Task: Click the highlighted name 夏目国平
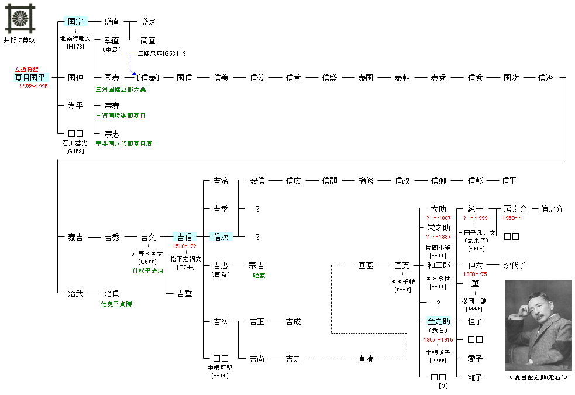pyautogui.click(x=32, y=78)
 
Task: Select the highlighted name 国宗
pyautogui.click(x=75, y=22)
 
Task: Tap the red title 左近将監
pyautogui.click(x=27, y=69)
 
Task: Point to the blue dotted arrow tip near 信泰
pyautogui.click(x=135, y=77)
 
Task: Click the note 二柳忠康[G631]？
pyautogui.click(x=161, y=54)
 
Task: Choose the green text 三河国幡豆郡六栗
pyautogui.click(x=121, y=90)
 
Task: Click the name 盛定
pyautogui.click(x=148, y=22)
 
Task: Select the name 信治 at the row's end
pyautogui.click(x=545, y=78)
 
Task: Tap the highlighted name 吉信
pyautogui.click(x=184, y=237)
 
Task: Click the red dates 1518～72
pyautogui.click(x=184, y=247)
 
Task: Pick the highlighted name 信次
pyautogui.click(x=221, y=237)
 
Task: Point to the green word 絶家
pyautogui.click(x=259, y=275)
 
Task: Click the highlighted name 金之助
pyautogui.click(x=438, y=321)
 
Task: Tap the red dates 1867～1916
pyautogui.click(x=438, y=340)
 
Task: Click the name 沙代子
pyautogui.click(x=515, y=265)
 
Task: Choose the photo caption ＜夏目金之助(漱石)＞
pyautogui.click(x=538, y=377)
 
